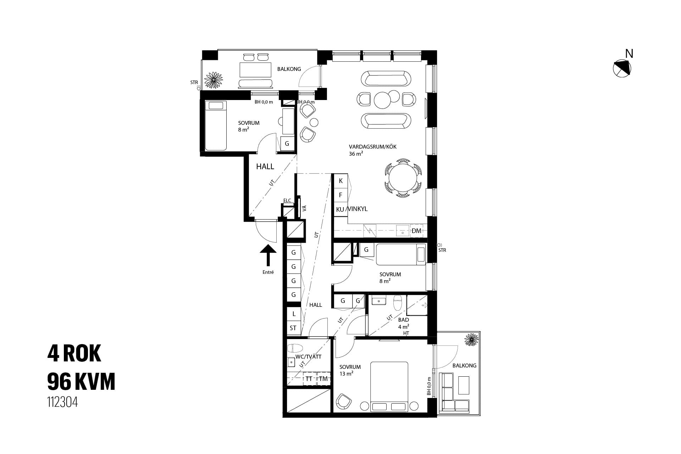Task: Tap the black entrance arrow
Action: (x=268, y=255)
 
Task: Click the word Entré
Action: (x=268, y=272)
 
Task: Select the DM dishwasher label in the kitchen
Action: (x=417, y=231)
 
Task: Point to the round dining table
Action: (x=403, y=178)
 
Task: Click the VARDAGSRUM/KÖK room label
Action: (x=372, y=146)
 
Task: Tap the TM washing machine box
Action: (x=323, y=379)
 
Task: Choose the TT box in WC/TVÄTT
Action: (x=309, y=379)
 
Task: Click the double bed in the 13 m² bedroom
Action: (x=389, y=387)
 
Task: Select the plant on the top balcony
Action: (x=214, y=80)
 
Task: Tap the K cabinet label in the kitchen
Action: (x=341, y=181)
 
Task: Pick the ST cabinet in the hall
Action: (x=293, y=328)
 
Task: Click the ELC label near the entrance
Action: (x=287, y=200)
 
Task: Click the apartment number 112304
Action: (x=62, y=403)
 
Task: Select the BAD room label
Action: (x=404, y=320)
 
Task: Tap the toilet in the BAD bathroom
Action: (x=398, y=303)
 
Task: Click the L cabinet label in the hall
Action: (x=294, y=314)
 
